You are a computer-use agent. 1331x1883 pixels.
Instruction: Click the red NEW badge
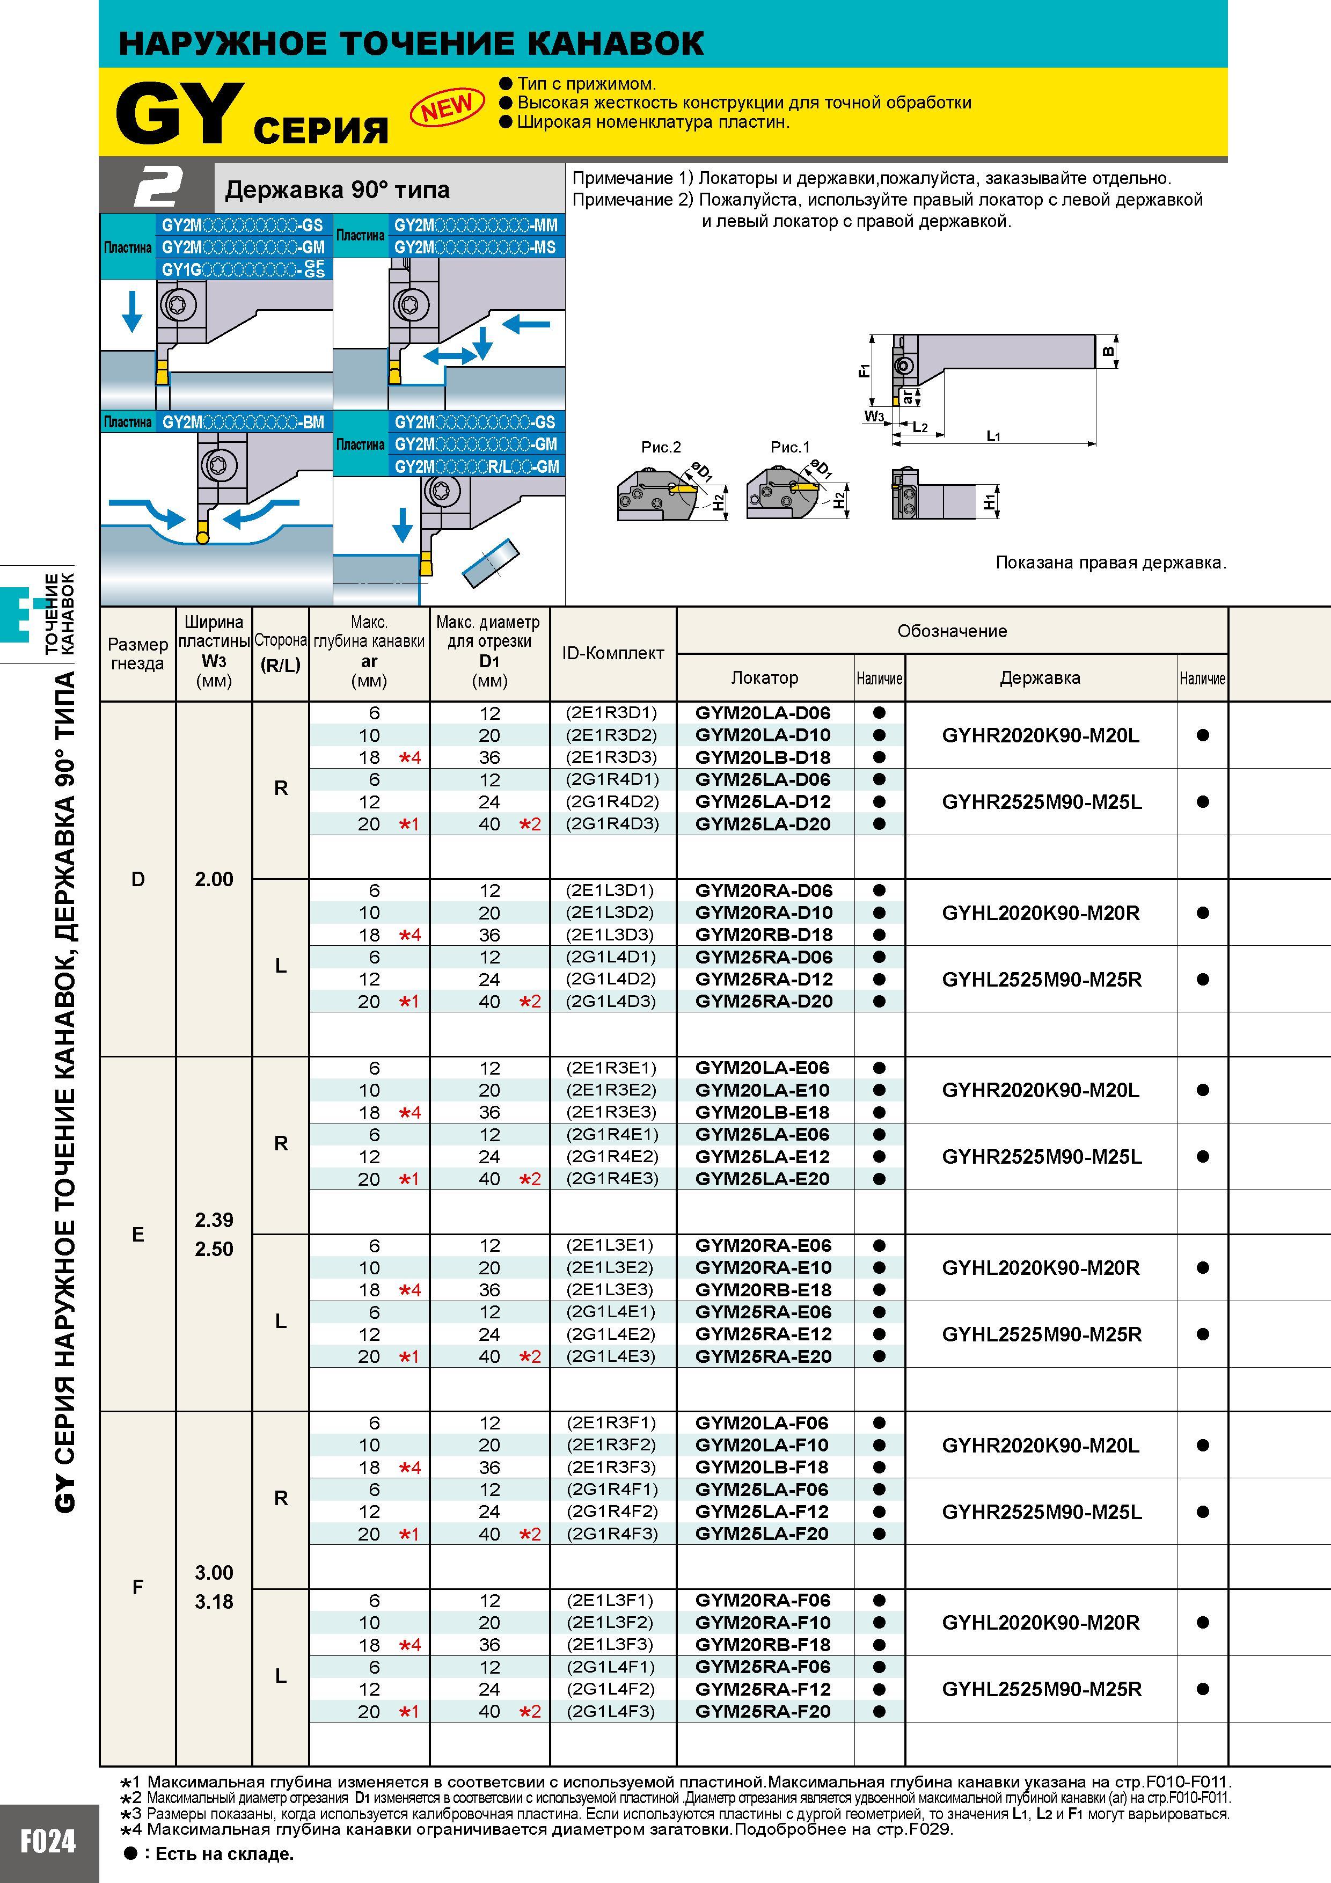pyautogui.click(x=447, y=107)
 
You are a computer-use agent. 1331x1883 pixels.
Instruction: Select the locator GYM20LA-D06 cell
pyautogui.click(x=763, y=713)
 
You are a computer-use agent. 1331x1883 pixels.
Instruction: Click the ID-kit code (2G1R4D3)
pyautogui.click(x=612, y=823)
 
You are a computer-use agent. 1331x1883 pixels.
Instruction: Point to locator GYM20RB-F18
pyautogui.click(x=763, y=1644)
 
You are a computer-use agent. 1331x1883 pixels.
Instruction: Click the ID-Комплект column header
pyautogui.click(x=612, y=653)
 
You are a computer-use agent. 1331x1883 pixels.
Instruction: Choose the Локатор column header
pyautogui.click(x=764, y=677)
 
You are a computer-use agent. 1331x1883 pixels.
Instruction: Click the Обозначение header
pyautogui.click(x=952, y=631)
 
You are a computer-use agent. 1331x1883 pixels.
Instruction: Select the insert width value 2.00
pyautogui.click(x=214, y=879)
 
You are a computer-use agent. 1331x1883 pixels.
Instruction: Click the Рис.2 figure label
pyautogui.click(x=661, y=447)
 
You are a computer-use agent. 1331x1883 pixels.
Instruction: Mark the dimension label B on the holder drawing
pyautogui.click(x=1108, y=352)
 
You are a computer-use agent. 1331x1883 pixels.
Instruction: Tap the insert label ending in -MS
pyautogui.click(x=475, y=247)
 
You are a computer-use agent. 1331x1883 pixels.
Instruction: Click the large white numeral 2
pyautogui.click(x=157, y=187)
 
